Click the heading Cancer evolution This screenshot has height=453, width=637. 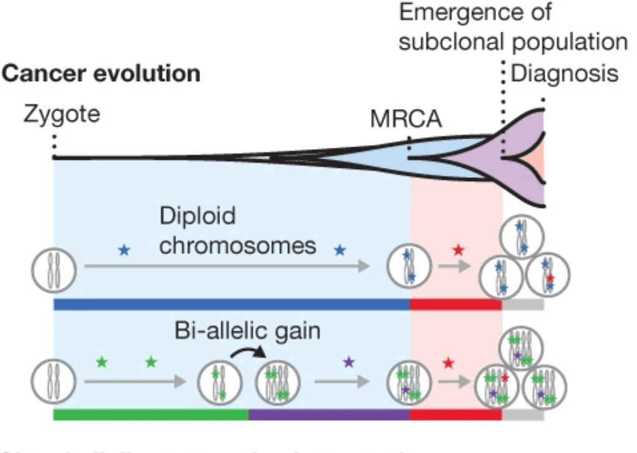(102, 74)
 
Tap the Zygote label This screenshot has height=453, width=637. (62, 115)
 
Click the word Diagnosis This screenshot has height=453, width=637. (565, 74)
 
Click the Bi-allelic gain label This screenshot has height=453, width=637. (247, 331)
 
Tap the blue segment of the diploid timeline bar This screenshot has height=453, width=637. (231, 304)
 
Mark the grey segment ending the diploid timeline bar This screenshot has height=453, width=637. (523, 304)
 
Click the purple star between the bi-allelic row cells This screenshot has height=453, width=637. (348, 361)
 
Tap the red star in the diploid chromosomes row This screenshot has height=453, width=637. (458, 251)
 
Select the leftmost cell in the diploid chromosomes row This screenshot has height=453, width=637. (53, 271)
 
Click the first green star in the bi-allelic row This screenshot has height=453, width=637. (102, 361)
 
